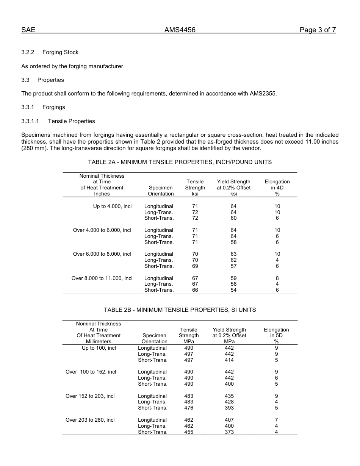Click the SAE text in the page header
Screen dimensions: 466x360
click(28, 30)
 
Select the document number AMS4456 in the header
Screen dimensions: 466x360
click(180, 30)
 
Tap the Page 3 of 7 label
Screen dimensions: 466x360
click(318, 30)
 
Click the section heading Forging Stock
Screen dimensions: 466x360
click(60, 52)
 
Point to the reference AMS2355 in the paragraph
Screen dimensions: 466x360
click(263, 94)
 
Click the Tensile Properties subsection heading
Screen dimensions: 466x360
click(71, 121)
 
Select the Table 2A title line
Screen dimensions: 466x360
click(180, 162)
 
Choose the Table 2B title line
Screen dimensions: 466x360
click(180, 310)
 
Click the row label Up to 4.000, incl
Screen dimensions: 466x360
click(113, 206)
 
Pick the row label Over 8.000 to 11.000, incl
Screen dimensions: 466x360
click(102, 278)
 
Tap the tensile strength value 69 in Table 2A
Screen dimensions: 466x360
click(195, 266)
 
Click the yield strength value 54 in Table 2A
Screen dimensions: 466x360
click(233, 290)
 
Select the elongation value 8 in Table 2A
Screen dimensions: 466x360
click(277, 278)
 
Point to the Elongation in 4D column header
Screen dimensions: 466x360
click(277, 188)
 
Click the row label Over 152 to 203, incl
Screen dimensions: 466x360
click(90, 396)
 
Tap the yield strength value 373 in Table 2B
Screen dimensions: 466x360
click(229, 432)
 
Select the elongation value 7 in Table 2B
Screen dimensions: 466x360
click(276, 420)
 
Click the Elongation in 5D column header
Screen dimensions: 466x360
click(276, 333)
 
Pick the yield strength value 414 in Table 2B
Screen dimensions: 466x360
click(229, 360)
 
